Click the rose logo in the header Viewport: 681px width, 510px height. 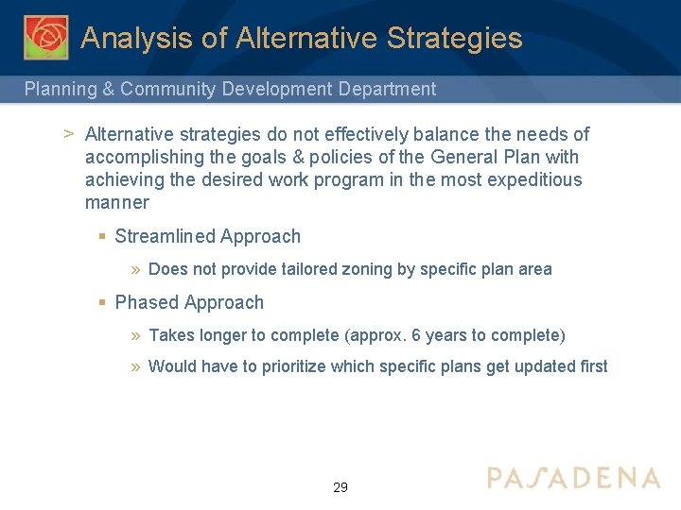45,37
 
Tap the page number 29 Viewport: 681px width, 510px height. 340,487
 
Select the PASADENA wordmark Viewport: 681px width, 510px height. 573,478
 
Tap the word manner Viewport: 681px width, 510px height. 117,203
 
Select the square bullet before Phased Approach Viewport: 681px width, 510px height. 101,303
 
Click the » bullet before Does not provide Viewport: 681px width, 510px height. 136,270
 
